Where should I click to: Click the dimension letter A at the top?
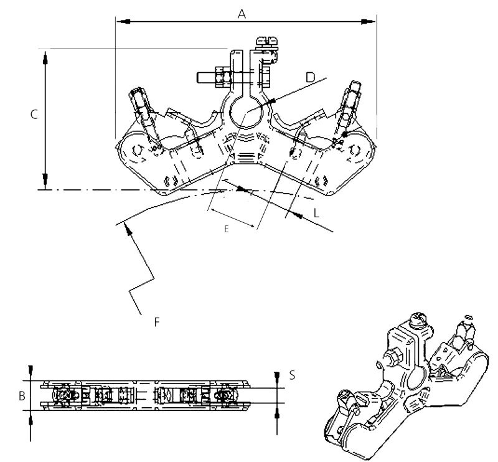click(242, 14)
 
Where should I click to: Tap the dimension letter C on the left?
click(34, 115)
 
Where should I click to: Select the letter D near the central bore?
click(310, 77)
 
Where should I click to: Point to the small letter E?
click(227, 229)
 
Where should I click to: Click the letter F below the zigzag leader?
click(157, 322)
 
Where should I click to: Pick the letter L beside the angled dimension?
click(316, 213)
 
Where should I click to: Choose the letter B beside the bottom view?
click(22, 396)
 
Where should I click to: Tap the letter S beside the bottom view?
click(292, 375)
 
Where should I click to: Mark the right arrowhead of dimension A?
click(368, 21)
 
